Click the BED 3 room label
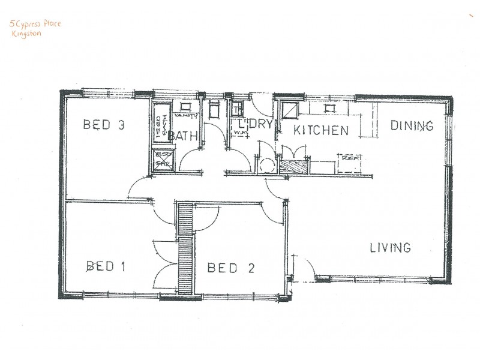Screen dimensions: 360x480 click(x=104, y=125)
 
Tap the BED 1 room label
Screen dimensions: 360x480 click(x=106, y=266)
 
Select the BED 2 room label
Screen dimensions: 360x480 click(x=230, y=268)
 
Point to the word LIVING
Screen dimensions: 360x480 click(x=389, y=247)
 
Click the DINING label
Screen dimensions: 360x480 click(x=412, y=126)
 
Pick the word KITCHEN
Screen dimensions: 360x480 click(x=321, y=130)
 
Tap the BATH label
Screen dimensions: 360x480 click(x=183, y=136)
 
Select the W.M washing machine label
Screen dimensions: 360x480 click(x=240, y=131)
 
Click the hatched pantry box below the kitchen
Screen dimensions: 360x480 click(x=294, y=166)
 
